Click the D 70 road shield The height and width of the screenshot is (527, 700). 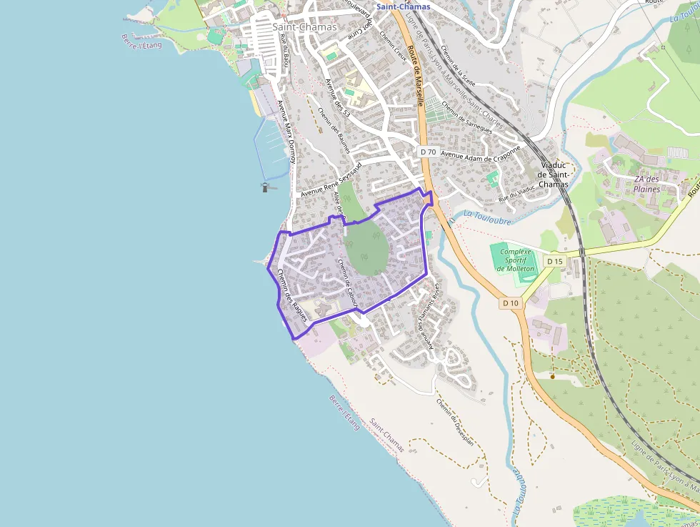coord(428,152)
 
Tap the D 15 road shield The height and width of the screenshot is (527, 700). coord(555,262)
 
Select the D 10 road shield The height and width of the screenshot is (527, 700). coord(510,303)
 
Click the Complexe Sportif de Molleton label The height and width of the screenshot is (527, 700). coord(516,260)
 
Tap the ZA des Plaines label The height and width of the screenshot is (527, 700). coord(646,184)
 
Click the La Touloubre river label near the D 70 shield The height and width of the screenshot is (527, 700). coord(487,217)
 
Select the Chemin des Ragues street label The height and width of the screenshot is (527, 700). coord(291,295)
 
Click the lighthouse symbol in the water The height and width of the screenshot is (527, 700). coord(266,187)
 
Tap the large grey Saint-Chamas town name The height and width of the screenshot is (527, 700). coord(304,27)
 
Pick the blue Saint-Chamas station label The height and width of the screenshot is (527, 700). coord(404,6)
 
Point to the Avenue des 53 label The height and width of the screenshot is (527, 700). coord(337,99)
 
